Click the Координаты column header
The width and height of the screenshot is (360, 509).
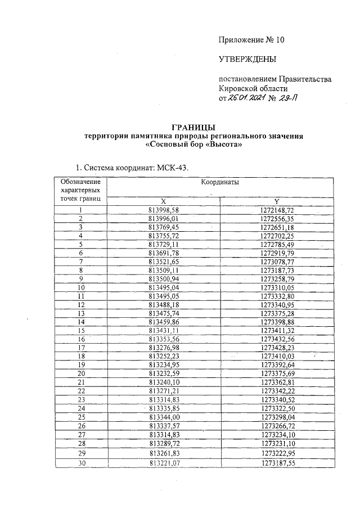coord(220,183)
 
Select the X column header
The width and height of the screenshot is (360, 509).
coord(163,201)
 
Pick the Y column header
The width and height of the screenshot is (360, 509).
coord(277,201)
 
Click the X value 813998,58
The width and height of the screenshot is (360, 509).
coord(163,210)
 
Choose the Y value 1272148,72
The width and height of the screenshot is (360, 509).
coord(277,210)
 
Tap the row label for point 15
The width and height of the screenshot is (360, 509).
coord(81,330)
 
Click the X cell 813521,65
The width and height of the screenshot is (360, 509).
coord(163,262)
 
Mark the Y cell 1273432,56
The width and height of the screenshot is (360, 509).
coord(277,339)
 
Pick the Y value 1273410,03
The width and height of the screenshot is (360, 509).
coord(277,356)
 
